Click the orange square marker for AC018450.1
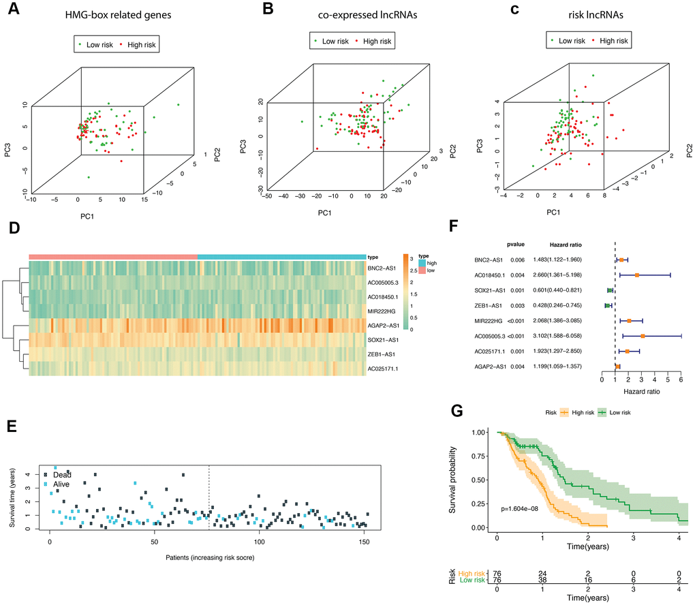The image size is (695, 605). pyautogui.click(x=637, y=275)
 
